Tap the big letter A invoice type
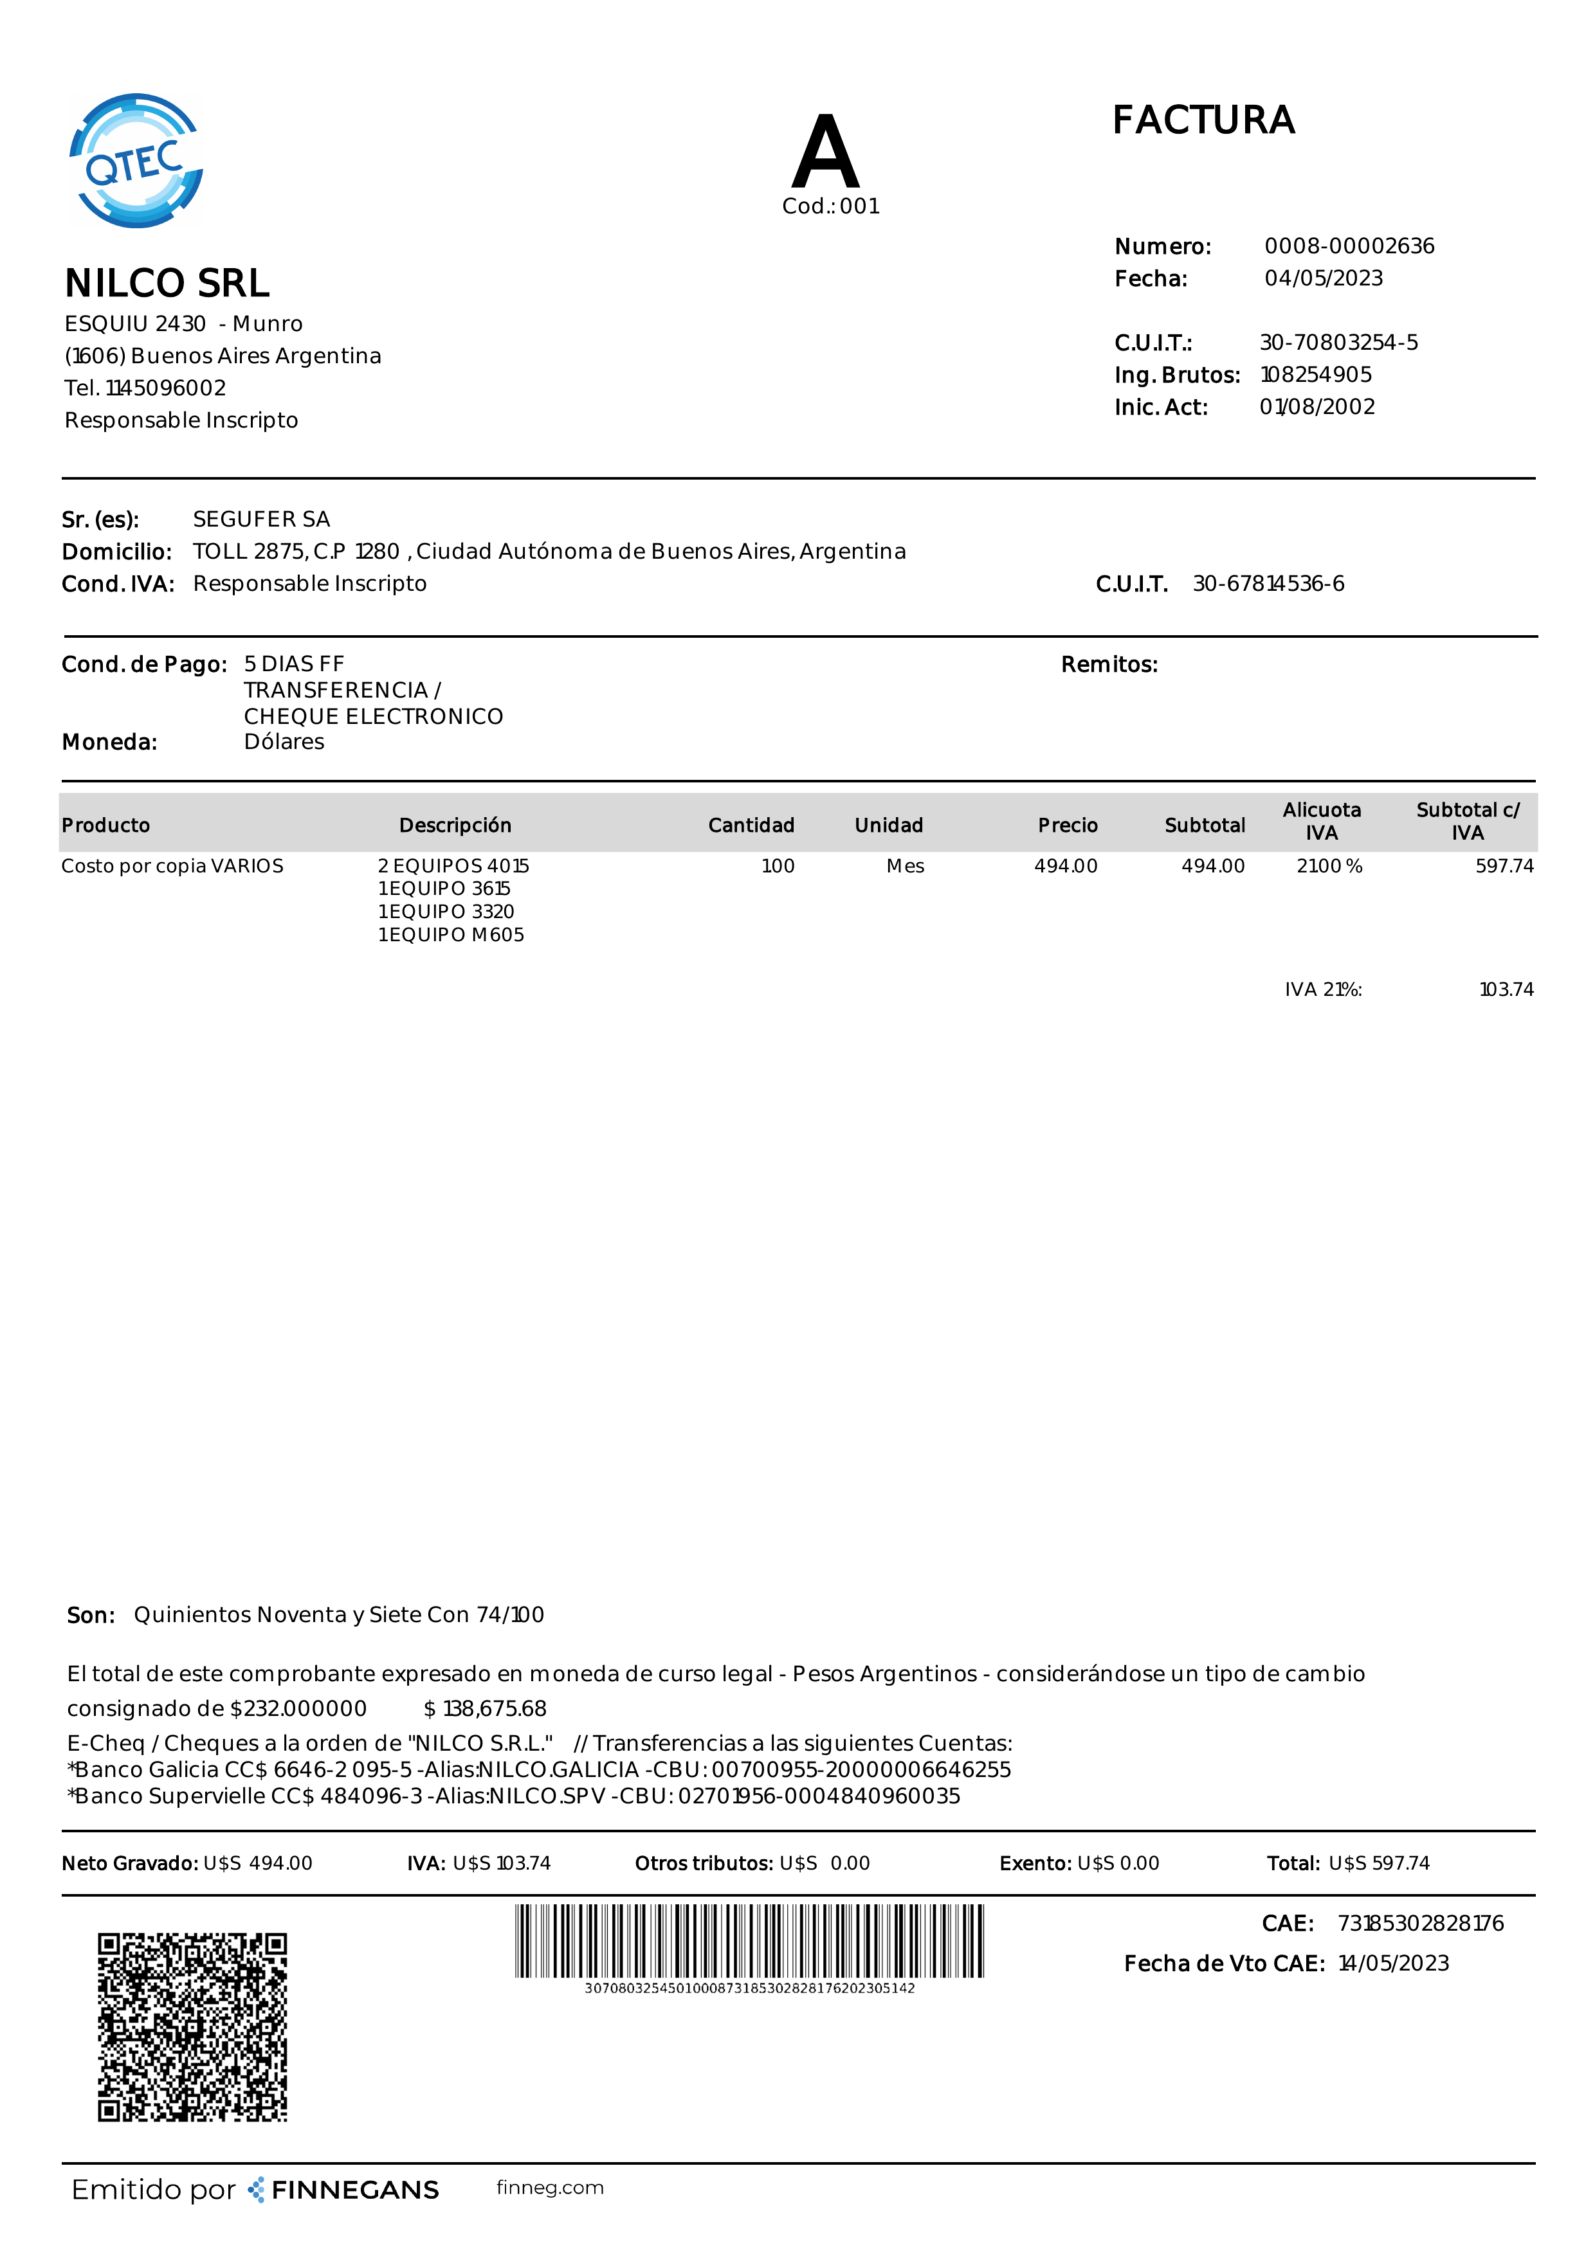coord(826,152)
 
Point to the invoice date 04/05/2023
coord(1323,278)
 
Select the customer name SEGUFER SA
coord(261,519)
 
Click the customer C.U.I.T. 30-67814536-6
coord(1268,584)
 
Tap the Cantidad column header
coord(751,826)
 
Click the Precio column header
coord(1067,826)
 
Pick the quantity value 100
coord(778,865)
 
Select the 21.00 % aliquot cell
coord(1329,865)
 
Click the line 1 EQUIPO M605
coord(451,934)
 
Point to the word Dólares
coord(284,742)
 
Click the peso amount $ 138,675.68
coord(486,1709)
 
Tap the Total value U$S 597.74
coord(1379,1863)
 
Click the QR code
coord(192,2027)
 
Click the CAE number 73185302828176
coord(1420,1923)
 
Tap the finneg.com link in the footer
coord(551,2187)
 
